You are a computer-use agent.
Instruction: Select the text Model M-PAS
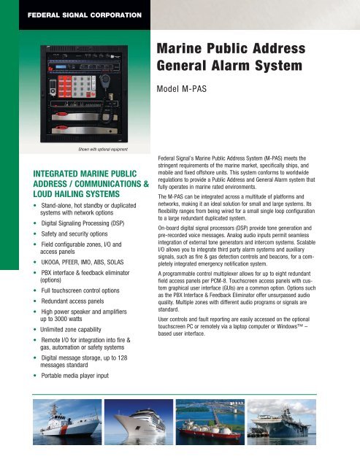(185, 93)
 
